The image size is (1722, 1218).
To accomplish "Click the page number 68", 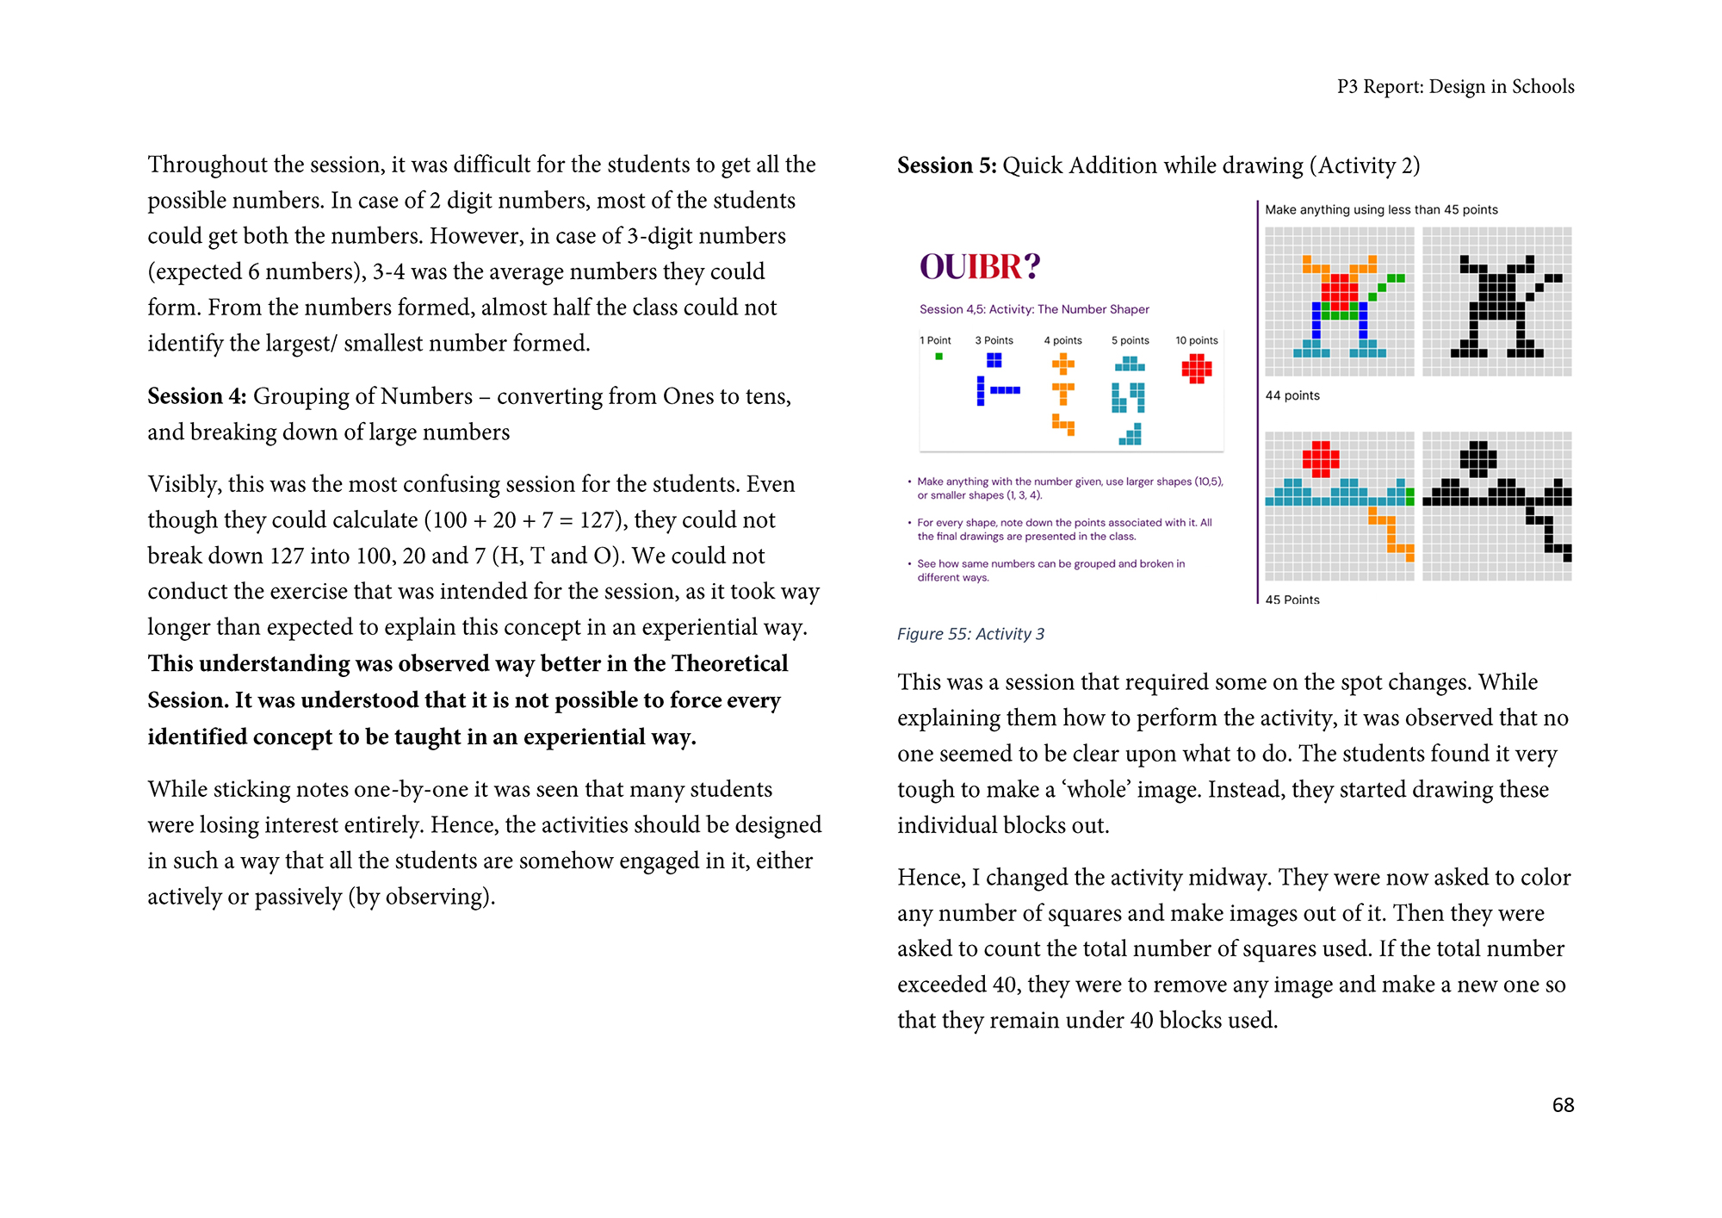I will pyautogui.click(x=1563, y=1105).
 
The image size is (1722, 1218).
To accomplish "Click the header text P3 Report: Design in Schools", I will pyautogui.click(x=1455, y=87).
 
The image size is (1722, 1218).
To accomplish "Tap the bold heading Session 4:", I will pyautogui.click(x=197, y=396).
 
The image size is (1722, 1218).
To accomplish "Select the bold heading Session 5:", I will pyautogui.click(x=946, y=165).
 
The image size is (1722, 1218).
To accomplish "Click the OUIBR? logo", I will pyautogui.click(x=980, y=267).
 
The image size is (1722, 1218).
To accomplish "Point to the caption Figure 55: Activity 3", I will pyautogui.click(x=970, y=634).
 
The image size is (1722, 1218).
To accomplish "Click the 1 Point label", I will pyautogui.click(x=935, y=340).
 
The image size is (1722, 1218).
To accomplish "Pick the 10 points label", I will pyautogui.click(x=1196, y=340).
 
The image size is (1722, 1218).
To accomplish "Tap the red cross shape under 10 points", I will pyautogui.click(x=1196, y=368).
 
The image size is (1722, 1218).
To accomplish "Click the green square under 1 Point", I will pyautogui.click(x=938, y=356).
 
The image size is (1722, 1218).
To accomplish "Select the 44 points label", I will pyautogui.click(x=1291, y=395).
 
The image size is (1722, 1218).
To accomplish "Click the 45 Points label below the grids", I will pyautogui.click(x=1291, y=600).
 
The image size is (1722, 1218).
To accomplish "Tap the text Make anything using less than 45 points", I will pyautogui.click(x=1380, y=209).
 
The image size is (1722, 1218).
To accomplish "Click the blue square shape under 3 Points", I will pyautogui.click(x=994, y=360).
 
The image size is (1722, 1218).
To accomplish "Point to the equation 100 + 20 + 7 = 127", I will pyautogui.click(x=513, y=520).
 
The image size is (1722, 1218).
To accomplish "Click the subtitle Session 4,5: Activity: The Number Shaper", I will pyautogui.click(x=1033, y=309).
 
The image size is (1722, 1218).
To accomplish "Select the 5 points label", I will pyautogui.click(x=1130, y=340).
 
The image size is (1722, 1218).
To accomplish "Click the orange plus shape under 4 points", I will pyautogui.click(x=1062, y=364).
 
